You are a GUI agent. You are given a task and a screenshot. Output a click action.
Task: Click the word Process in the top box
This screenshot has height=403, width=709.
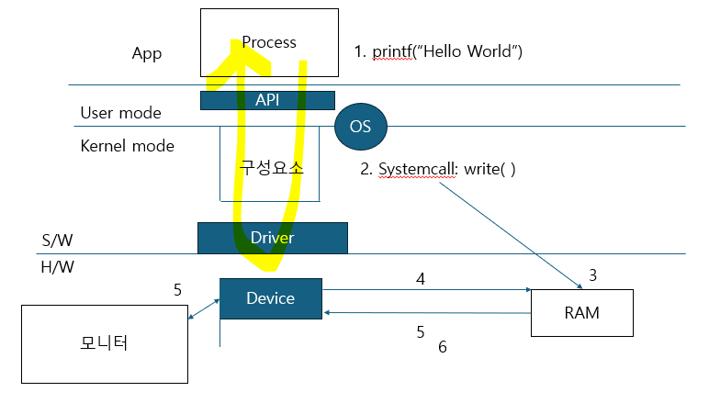(x=269, y=42)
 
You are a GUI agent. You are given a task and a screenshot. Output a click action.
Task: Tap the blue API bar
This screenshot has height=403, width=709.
(x=267, y=100)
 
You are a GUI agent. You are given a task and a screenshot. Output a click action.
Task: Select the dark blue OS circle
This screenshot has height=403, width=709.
(x=361, y=127)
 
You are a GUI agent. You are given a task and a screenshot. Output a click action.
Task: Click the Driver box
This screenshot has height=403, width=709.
(x=273, y=238)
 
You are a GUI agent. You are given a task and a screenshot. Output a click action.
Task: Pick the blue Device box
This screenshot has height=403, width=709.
(x=271, y=298)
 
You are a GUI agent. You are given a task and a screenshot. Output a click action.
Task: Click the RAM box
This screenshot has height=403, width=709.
(x=582, y=313)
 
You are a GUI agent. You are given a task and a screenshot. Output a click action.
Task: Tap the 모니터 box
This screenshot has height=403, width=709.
(x=105, y=344)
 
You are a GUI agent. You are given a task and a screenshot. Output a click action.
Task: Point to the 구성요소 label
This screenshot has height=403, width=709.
(x=271, y=168)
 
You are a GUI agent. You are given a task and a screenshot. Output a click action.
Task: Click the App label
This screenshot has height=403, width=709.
(x=147, y=54)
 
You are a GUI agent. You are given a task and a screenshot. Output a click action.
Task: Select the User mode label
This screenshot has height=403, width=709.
(x=120, y=113)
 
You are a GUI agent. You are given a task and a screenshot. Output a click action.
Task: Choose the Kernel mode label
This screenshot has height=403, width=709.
(x=128, y=146)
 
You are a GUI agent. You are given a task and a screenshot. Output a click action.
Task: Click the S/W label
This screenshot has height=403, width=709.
(x=58, y=240)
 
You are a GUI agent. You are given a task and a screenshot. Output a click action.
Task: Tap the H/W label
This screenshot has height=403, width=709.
(x=58, y=267)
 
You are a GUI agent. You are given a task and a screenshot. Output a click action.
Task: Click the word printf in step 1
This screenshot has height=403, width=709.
(x=392, y=51)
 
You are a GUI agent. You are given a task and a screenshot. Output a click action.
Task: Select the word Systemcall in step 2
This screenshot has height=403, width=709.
(x=416, y=169)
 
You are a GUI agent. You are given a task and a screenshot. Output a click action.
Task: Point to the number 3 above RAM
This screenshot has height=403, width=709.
(x=592, y=274)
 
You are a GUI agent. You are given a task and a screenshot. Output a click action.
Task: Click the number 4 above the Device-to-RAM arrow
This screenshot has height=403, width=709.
(x=421, y=279)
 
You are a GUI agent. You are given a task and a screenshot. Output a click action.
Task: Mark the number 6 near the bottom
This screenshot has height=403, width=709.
(x=443, y=347)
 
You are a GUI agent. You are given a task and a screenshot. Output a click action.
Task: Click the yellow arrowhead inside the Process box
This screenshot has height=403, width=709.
(x=238, y=57)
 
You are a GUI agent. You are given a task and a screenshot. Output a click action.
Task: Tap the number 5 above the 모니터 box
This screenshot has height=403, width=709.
(x=177, y=289)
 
